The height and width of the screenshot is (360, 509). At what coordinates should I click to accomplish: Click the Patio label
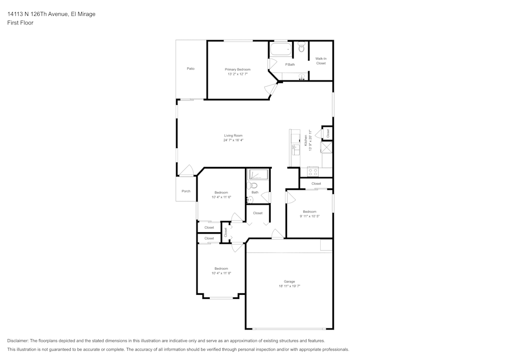[190, 68]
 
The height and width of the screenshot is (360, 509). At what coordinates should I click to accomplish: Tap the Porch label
[186, 191]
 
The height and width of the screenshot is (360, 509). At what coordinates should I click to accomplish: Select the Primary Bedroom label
[238, 69]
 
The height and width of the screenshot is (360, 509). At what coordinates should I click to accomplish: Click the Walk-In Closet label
[321, 61]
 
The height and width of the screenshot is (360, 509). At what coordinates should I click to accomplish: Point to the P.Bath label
[290, 65]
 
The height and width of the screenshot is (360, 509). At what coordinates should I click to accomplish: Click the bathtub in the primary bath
[280, 50]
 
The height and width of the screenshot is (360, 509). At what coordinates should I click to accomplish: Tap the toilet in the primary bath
[301, 48]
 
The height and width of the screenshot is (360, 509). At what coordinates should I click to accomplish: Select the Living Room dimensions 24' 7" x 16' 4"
[233, 140]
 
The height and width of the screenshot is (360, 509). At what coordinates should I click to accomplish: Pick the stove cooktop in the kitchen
[313, 172]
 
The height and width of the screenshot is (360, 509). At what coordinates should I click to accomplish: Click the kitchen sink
[295, 149]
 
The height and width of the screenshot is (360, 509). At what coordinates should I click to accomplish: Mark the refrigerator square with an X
[326, 148]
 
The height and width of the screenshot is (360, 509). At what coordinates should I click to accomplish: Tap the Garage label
[289, 282]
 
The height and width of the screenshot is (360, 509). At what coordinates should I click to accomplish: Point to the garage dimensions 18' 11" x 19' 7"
[289, 286]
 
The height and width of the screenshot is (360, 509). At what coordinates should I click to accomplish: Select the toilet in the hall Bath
[251, 185]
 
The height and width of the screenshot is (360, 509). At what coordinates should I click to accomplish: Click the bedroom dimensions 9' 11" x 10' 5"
[309, 216]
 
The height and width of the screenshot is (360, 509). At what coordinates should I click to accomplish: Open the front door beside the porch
[186, 171]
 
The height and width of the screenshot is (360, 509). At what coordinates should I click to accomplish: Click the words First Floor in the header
[20, 23]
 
